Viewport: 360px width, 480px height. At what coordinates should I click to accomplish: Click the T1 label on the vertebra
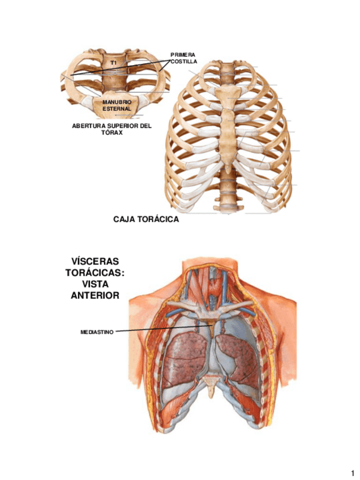point(113,62)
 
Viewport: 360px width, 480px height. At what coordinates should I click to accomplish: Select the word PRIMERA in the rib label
point(182,54)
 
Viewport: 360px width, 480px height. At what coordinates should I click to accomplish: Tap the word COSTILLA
point(183,61)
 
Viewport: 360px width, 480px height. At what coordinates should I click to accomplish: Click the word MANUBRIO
point(117,101)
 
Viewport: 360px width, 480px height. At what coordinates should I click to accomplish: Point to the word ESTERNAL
point(117,108)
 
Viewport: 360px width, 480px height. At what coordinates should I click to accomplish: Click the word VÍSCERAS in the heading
point(95,262)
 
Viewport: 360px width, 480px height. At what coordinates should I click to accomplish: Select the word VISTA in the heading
point(95,284)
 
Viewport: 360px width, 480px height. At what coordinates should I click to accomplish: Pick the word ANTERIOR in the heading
point(95,295)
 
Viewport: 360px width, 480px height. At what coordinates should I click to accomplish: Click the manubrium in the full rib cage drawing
point(226,93)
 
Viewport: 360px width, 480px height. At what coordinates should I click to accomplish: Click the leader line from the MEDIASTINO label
point(164,328)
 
